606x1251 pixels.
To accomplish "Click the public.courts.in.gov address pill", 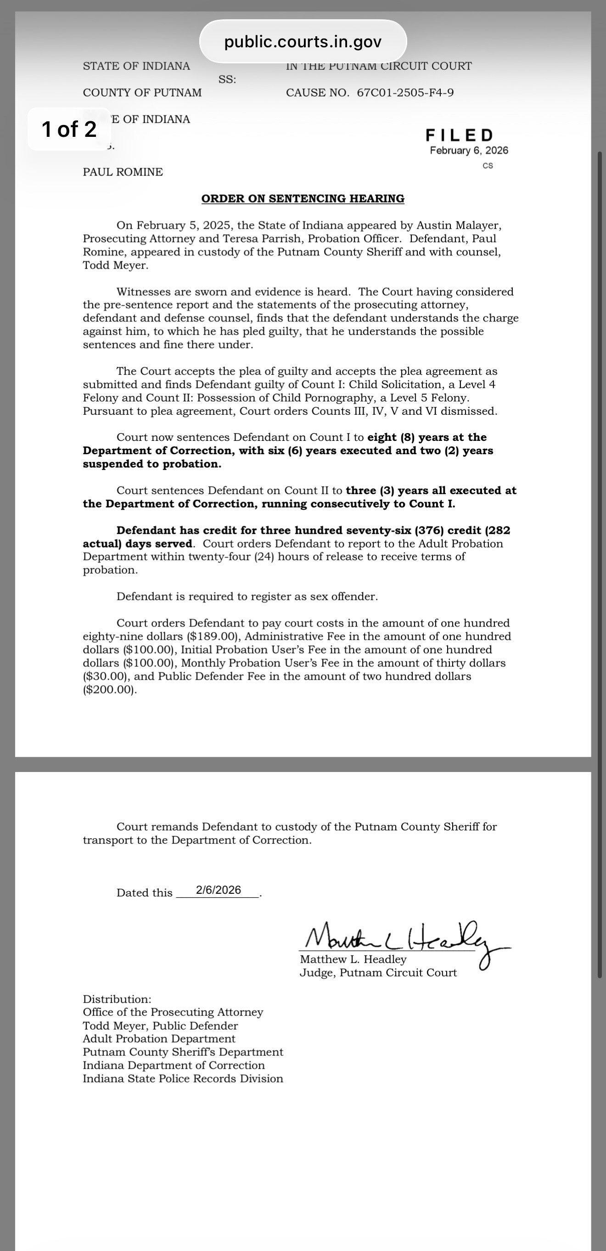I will coord(303,42).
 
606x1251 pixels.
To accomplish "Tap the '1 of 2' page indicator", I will coord(69,129).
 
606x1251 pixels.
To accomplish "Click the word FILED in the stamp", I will coord(460,135).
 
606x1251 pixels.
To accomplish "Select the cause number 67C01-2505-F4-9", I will coord(405,93).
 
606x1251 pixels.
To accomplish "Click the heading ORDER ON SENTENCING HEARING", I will coord(303,198).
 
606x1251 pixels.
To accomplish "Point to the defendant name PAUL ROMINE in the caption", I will coord(123,172).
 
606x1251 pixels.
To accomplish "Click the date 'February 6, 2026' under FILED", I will coord(469,151).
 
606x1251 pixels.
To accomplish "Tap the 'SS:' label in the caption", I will coord(227,79).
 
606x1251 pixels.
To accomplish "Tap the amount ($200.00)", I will coord(109,690).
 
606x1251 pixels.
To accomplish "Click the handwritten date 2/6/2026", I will coord(219,890).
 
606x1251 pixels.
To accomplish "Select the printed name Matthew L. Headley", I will coord(353,960).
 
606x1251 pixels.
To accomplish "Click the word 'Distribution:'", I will coord(117,999).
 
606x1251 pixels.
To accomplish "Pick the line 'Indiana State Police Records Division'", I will coord(183,1079).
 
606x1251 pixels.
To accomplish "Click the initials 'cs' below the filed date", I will coord(488,166).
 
